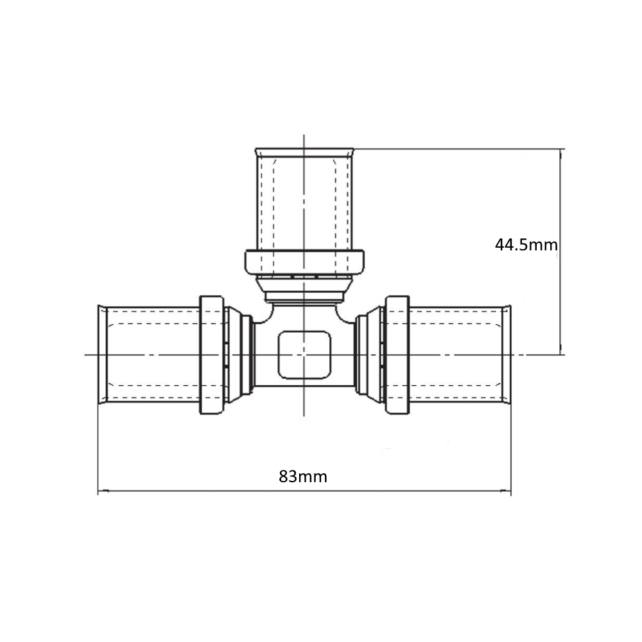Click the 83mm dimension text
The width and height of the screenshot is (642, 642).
click(x=303, y=476)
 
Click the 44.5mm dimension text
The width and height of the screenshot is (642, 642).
click(x=526, y=245)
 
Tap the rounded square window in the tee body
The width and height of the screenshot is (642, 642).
click(x=304, y=355)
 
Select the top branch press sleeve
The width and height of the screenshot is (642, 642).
click(x=304, y=200)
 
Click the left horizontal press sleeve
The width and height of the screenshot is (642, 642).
click(x=150, y=354)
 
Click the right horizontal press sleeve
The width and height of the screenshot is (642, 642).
click(x=460, y=354)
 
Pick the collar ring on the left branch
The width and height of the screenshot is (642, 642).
click(x=212, y=354)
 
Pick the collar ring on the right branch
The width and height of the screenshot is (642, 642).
click(x=397, y=354)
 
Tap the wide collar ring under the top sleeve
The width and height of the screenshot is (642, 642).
click(x=304, y=262)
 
